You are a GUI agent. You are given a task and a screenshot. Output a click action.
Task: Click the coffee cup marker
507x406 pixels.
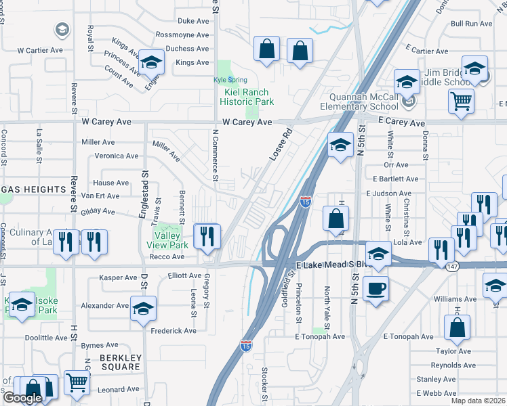tap(375, 289)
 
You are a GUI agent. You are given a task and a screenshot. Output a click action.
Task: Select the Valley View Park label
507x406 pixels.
tap(167, 240)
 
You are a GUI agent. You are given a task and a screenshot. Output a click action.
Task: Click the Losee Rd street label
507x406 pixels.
tap(280, 144)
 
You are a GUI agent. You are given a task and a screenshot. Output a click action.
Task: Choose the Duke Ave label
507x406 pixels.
tap(192, 21)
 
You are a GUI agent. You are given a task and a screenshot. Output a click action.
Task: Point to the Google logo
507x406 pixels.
tap(22, 398)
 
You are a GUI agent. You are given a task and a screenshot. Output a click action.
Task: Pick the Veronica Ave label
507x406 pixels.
tap(117, 156)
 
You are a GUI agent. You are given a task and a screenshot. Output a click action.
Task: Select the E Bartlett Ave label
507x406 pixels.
tap(396, 179)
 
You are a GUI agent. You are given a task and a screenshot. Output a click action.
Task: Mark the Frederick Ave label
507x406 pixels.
tap(173, 330)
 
